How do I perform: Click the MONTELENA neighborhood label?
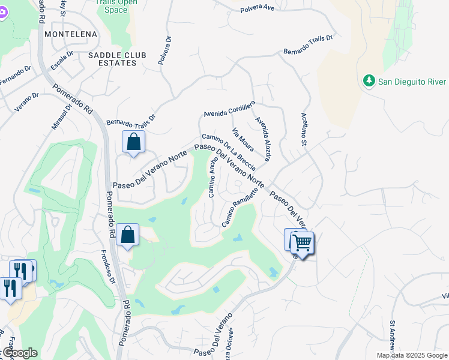[71, 34]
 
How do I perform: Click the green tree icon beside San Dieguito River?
[369, 81]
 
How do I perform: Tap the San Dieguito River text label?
[411, 82]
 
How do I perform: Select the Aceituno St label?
[303, 131]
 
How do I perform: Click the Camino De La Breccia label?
[229, 152]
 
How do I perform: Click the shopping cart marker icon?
[303, 244]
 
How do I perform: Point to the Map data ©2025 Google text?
[412, 355]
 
